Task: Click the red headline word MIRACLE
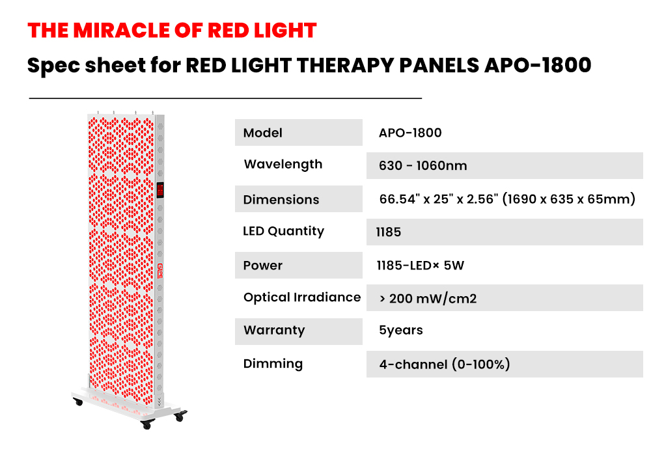click(x=121, y=31)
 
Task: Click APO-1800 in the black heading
click(x=538, y=65)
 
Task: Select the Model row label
click(x=262, y=133)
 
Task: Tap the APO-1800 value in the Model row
click(x=410, y=133)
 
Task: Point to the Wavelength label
click(x=283, y=165)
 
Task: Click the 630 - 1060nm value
click(x=422, y=166)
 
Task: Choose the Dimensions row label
click(x=281, y=200)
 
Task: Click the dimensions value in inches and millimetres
click(x=507, y=199)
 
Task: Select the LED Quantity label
click(x=284, y=231)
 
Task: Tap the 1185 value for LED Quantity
click(x=389, y=232)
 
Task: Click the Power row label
click(x=263, y=266)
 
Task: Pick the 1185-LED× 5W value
click(x=420, y=266)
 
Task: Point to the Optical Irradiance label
click(x=302, y=297)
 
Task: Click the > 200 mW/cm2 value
click(x=428, y=299)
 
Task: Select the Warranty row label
click(x=274, y=331)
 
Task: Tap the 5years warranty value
click(x=401, y=331)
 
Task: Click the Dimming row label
click(x=273, y=364)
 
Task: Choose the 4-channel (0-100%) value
click(x=444, y=364)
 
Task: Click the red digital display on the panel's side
click(x=160, y=190)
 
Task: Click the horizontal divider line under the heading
click(x=225, y=98)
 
